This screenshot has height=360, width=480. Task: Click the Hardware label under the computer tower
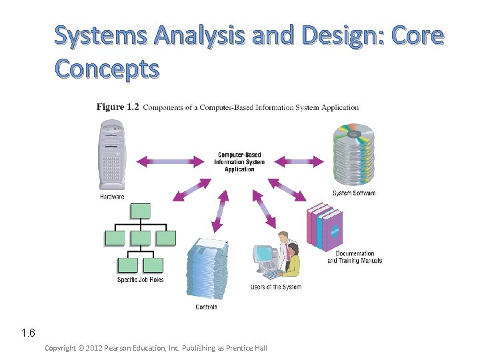(113, 197)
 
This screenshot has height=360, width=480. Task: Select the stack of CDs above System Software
(353, 155)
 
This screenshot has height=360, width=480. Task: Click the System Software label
(354, 193)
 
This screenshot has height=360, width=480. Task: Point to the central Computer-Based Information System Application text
(239, 162)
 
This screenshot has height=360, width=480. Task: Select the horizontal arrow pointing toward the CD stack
(299, 161)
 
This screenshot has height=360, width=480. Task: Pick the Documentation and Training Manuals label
(355, 257)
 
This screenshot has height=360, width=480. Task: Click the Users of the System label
(276, 287)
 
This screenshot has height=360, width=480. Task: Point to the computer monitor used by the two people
(265, 255)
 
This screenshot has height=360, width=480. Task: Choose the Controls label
(207, 307)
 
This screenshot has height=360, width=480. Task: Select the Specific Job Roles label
(140, 280)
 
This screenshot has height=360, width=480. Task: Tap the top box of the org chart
(141, 211)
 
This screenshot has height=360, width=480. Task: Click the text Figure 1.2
(118, 107)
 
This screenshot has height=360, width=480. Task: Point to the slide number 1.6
(27, 333)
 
